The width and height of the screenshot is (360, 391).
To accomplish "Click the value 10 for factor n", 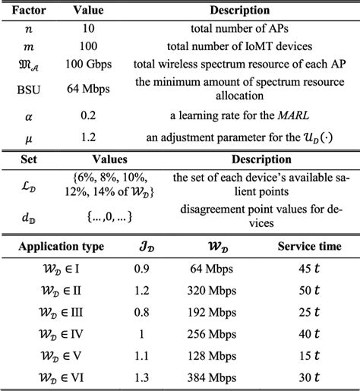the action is coord(88,28).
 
